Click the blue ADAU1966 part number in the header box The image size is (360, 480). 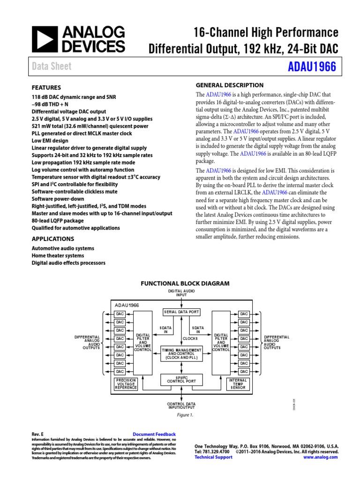tap(312, 67)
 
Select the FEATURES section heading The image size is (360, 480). tap(46, 88)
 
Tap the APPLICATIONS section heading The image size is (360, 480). tap(52, 239)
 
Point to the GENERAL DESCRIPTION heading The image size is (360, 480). tap(229, 85)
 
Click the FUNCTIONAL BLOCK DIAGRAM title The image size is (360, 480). tap(185, 284)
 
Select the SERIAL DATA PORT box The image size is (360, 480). tap(181, 312)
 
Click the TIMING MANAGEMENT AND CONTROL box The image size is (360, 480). tap(181, 353)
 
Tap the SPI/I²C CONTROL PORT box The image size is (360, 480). tap(181, 380)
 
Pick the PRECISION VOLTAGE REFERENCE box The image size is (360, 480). tap(126, 384)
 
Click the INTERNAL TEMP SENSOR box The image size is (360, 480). tap(238, 384)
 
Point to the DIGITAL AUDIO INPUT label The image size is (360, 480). tap(181, 293)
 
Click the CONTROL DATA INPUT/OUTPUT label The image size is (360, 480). tap(181, 405)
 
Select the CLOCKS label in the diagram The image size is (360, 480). tap(190, 338)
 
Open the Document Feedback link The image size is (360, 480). tap(154, 435)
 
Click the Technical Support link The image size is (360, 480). tap(213, 457)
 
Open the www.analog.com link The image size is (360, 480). tap(321, 457)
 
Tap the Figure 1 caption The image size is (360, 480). tap(185, 415)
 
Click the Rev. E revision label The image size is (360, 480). tap(37, 435)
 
